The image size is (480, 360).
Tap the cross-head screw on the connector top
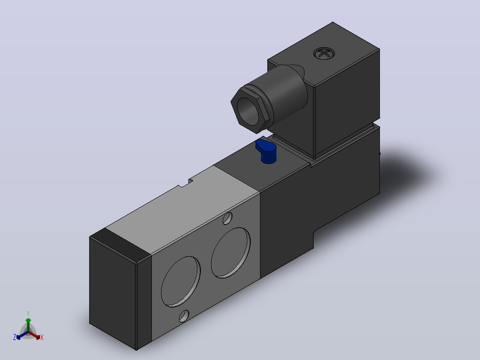pyautogui.click(x=324, y=53)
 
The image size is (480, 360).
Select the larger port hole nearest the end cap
pyautogui.click(x=181, y=281)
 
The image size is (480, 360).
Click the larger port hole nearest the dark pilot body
pyautogui.click(x=231, y=253)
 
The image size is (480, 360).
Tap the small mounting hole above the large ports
pyautogui.click(x=227, y=218)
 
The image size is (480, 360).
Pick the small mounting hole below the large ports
pyautogui.click(x=184, y=316)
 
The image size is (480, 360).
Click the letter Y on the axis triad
pyautogui.click(x=28, y=313)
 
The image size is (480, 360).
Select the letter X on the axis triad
pyautogui.click(x=42, y=337)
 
